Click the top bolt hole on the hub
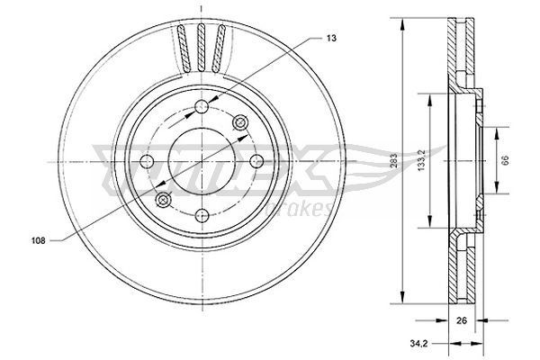[x=201, y=110]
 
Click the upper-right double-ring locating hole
[x=239, y=122]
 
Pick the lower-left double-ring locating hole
[x=163, y=200]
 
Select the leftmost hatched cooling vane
[x=185, y=49]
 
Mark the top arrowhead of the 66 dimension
[x=496, y=130]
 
